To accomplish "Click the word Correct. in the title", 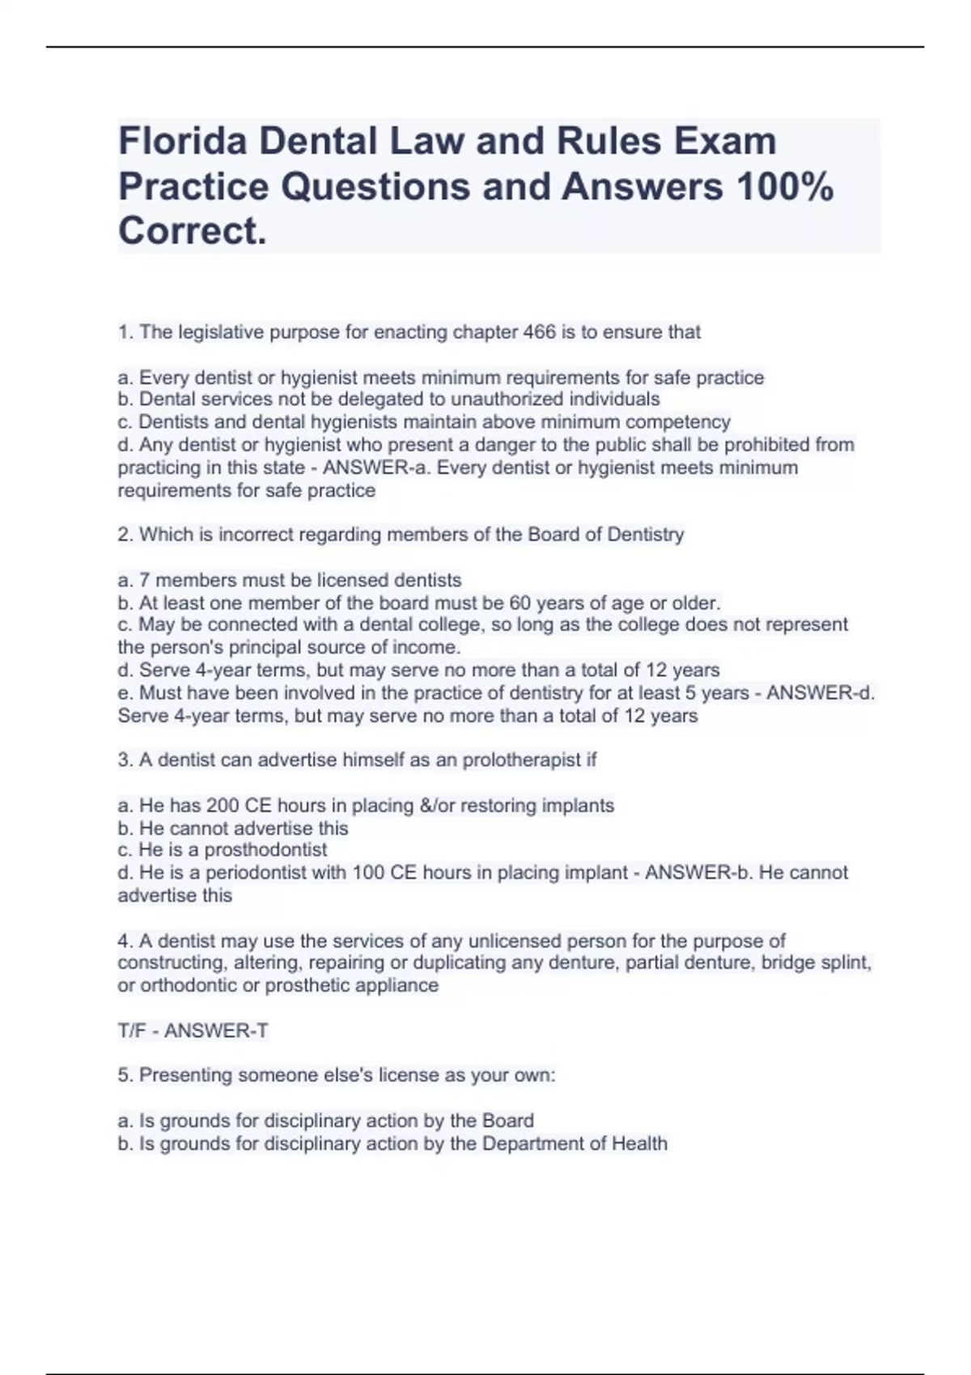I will pyautogui.click(x=192, y=231).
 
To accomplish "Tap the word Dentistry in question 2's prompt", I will pyautogui.click(x=646, y=535).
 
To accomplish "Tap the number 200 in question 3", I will pyautogui.click(x=223, y=806).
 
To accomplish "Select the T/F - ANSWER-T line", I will pyautogui.click(x=193, y=1030).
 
